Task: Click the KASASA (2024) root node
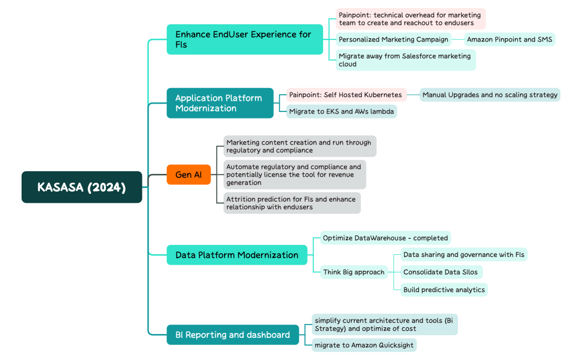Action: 81,187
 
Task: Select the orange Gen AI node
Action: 188,174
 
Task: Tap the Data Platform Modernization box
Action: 237,255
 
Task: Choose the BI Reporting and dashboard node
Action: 232,335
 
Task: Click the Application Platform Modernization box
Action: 220,103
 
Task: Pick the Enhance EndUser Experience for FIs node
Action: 244,39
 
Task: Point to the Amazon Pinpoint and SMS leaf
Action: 509,39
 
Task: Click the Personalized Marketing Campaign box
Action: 394,39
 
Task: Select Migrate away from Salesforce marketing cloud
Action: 405,60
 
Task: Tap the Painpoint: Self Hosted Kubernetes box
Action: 346,95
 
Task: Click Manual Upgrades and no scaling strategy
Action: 490,95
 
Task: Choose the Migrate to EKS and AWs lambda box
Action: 341,111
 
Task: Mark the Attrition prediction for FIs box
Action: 292,203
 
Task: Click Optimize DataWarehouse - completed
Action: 385,238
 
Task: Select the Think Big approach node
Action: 354,272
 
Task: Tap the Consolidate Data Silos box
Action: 441,272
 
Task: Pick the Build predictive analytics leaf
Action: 444,290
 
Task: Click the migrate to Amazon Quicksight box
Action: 364,345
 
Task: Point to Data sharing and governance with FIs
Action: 463,255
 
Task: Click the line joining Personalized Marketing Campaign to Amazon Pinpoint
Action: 458,39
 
